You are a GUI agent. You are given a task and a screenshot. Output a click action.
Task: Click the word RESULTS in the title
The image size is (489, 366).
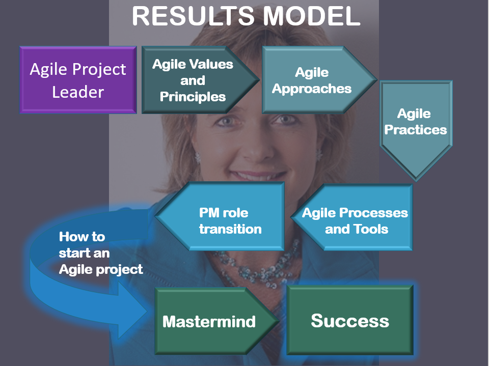193,16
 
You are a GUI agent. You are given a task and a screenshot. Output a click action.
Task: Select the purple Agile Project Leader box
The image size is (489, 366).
78,80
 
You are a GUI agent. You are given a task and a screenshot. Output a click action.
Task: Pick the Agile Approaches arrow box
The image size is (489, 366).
319,80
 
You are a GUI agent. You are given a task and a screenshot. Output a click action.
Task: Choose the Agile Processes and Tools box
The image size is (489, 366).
352,217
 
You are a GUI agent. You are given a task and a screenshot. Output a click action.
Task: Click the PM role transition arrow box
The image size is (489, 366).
220,216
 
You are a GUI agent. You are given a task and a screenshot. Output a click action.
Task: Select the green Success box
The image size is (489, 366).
350,320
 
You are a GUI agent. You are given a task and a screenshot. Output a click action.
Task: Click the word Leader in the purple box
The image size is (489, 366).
78,92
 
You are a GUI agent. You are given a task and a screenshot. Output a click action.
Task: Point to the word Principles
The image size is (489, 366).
193,97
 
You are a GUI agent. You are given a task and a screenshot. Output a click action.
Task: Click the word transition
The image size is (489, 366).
230,229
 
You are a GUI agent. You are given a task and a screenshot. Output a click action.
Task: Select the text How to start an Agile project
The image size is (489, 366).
101,253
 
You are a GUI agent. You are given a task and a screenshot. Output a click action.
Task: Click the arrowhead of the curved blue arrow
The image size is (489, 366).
131,311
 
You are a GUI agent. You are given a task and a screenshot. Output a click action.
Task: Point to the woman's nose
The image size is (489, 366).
256,147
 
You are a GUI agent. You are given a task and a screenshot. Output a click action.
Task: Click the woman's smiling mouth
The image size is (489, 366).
258,175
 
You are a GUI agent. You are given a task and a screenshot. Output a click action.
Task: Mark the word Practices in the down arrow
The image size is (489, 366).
416,130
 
